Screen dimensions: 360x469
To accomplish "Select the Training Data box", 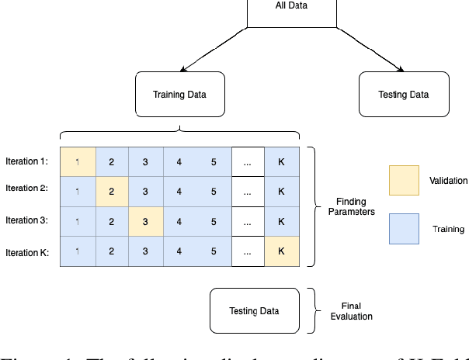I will [x=180, y=95].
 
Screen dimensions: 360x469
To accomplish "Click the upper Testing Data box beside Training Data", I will [x=403, y=95].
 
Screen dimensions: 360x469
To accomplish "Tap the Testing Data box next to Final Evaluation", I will [x=254, y=311].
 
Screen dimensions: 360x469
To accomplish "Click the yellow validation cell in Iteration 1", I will [x=78, y=161].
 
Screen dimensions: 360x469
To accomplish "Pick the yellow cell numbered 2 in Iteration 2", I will [x=112, y=191].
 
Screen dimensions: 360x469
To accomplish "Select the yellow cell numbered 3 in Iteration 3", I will [x=145, y=221].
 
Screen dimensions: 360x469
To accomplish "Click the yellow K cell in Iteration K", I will [x=281, y=251].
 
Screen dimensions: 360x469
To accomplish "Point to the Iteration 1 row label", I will [x=26, y=161].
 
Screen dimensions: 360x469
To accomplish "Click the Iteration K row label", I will [x=26, y=252].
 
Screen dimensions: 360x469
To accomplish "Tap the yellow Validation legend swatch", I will [x=404, y=180].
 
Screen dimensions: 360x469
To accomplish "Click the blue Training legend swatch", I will [x=404, y=229].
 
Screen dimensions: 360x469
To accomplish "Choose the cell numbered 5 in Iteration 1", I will [x=214, y=161].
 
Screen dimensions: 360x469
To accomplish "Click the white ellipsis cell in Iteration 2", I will [x=248, y=191].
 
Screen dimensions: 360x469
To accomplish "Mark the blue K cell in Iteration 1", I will [x=281, y=161].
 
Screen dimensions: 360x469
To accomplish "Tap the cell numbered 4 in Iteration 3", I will [x=179, y=221].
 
